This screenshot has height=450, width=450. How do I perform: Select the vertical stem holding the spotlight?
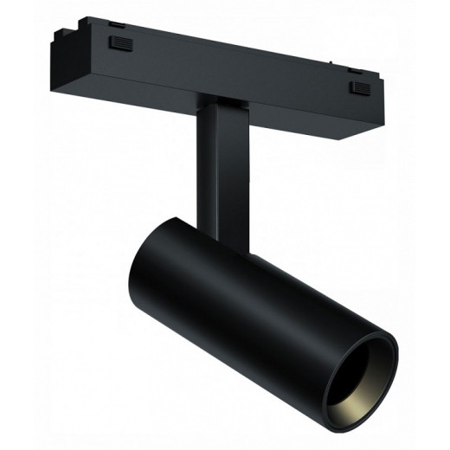click(x=221, y=169)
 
